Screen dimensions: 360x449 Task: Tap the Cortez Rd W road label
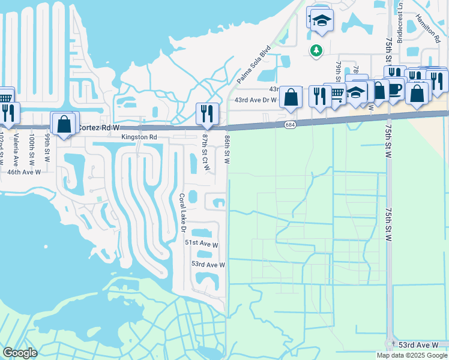point(99,128)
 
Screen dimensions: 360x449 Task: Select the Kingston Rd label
point(139,137)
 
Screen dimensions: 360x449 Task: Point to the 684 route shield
point(291,124)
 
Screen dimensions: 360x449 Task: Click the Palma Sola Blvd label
point(254,64)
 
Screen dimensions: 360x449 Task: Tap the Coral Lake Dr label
point(182,212)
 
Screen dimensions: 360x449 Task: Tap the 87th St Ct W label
point(205,152)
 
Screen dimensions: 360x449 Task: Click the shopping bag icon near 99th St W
point(64,124)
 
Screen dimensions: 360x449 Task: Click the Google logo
point(20,353)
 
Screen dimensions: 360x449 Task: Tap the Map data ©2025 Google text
point(412,355)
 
